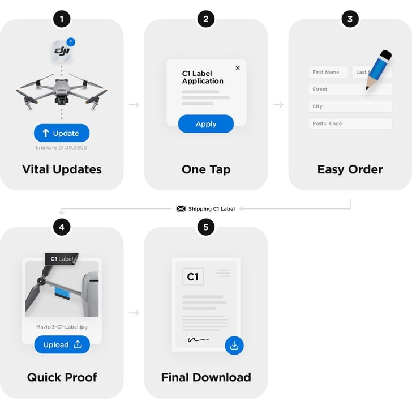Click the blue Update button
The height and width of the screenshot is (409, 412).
tap(62, 133)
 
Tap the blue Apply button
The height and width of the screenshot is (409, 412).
tap(206, 124)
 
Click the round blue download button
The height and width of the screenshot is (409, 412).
tap(234, 346)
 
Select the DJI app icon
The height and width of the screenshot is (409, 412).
tap(62, 51)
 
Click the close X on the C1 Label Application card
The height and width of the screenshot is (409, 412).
tap(238, 68)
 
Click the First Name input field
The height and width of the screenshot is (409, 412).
tap(328, 72)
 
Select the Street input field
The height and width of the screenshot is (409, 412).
tap(350, 89)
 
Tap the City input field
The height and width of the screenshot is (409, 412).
tap(350, 106)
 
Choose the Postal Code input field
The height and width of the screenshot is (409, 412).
tap(350, 123)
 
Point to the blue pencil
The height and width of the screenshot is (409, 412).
tap(379, 70)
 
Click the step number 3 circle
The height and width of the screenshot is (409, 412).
tap(350, 19)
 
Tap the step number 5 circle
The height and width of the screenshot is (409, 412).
tap(206, 227)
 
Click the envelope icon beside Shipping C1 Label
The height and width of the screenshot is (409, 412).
tap(181, 208)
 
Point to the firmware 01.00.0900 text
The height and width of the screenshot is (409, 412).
tap(61, 147)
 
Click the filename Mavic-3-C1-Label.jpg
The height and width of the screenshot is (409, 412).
tap(62, 327)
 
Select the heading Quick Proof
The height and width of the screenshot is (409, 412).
tap(62, 377)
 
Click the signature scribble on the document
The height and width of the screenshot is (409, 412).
tap(199, 340)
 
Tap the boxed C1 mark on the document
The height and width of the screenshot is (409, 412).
tap(193, 276)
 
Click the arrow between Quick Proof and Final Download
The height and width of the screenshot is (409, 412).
tap(134, 313)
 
